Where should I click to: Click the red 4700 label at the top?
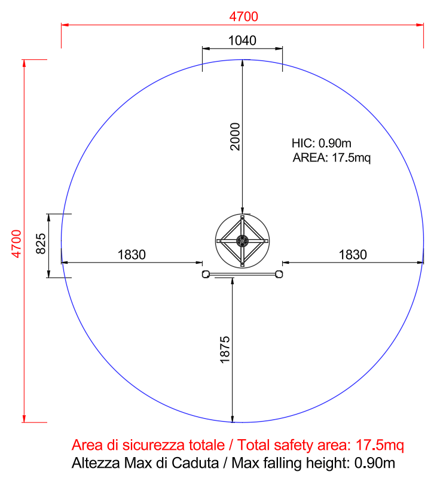(244, 17)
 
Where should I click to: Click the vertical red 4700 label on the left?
(17, 243)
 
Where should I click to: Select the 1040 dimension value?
(242, 41)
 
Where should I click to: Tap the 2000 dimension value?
(235, 136)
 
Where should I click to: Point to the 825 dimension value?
(41, 244)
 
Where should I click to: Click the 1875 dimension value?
(225, 350)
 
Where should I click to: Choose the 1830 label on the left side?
(132, 255)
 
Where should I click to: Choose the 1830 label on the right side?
(353, 255)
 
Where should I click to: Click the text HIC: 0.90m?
(322, 143)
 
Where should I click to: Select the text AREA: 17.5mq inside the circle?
(332, 158)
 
